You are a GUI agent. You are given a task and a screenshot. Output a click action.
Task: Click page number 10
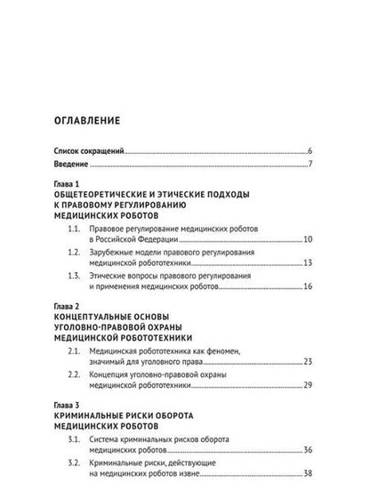[306, 240]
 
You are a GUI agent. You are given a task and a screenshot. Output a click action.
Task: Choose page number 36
[306, 452]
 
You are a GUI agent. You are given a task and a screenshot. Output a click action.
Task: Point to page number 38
[306, 476]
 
